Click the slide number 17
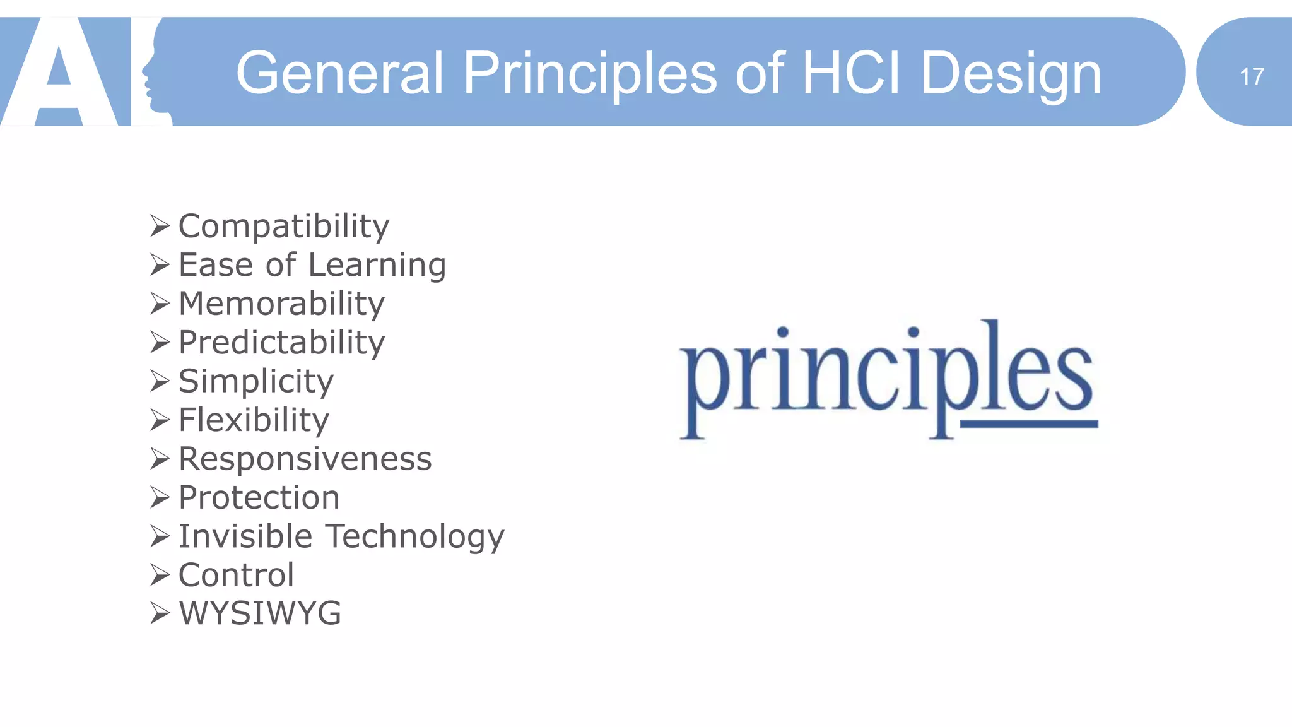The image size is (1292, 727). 1252,77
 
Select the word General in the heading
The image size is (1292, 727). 340,73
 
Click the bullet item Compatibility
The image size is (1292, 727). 284,226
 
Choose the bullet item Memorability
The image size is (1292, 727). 281,304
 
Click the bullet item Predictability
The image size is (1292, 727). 281,343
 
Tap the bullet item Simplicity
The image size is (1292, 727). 255,381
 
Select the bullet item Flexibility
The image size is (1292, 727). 254,420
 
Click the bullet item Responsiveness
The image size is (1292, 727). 305,459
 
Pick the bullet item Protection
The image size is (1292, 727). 259,497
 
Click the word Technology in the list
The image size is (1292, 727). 415,536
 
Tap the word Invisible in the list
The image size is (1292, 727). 245,536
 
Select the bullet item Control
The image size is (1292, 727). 236,575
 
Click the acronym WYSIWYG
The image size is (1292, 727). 260,613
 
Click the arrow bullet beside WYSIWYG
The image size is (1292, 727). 160,613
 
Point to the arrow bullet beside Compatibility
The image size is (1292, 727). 160,225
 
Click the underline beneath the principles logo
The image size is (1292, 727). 1028,423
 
